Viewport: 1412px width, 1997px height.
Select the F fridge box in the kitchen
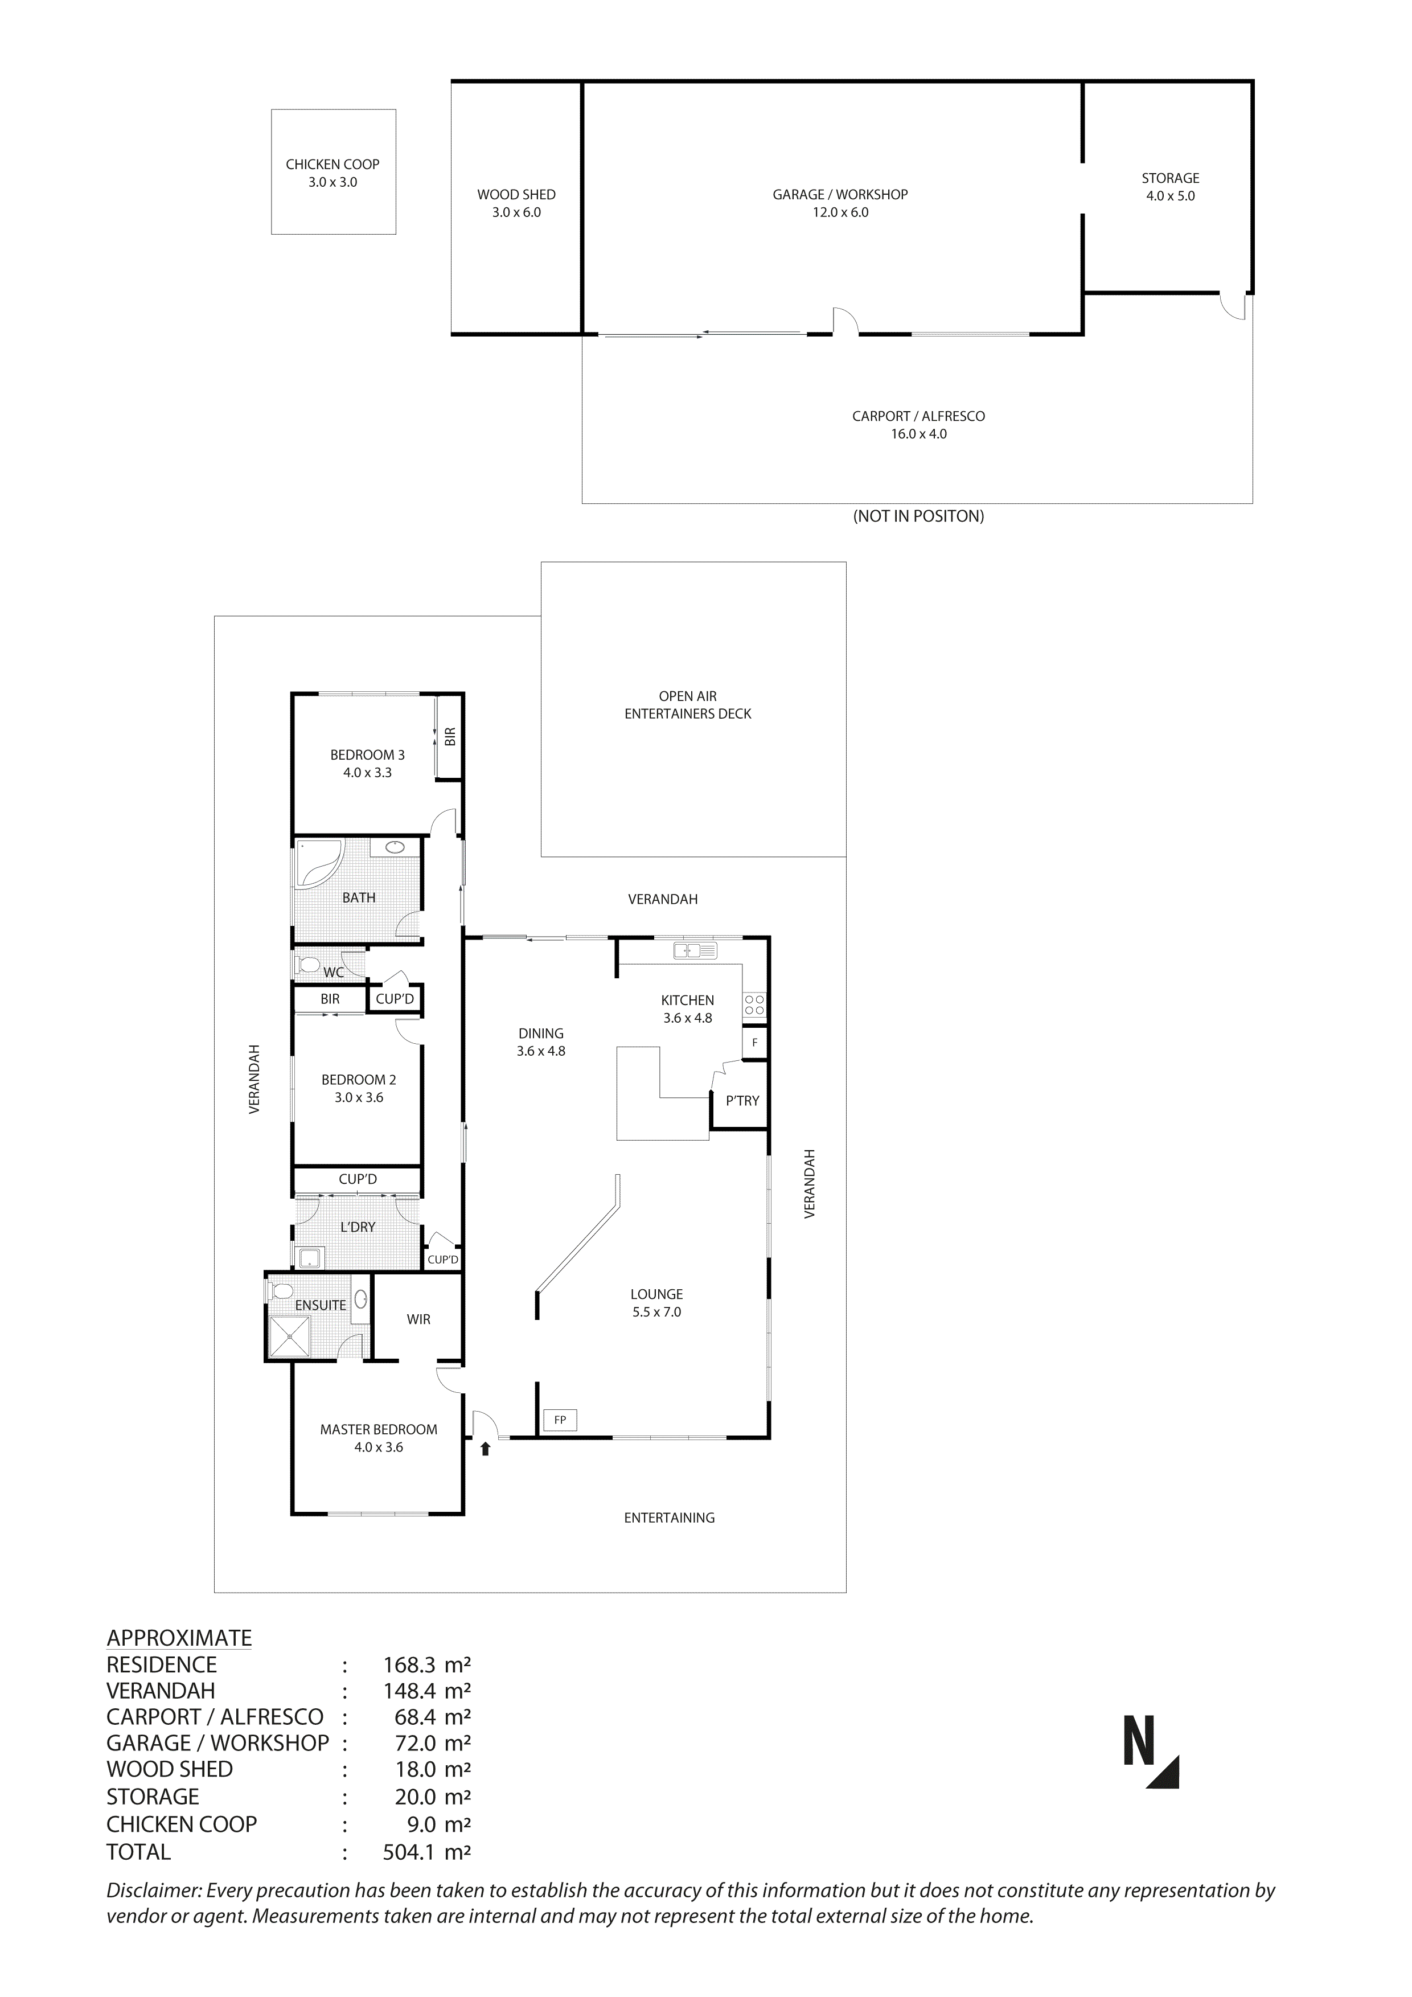(755, 1042)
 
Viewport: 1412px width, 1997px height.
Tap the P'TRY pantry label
(742, 1101)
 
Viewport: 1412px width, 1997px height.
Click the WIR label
(418, 1319)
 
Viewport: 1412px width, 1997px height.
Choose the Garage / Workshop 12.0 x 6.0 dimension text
(840, 213)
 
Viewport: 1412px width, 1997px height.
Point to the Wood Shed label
(516, 195)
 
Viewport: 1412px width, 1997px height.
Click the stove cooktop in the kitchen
(754, 1006)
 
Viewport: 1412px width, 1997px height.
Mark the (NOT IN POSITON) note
(918, 516)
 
